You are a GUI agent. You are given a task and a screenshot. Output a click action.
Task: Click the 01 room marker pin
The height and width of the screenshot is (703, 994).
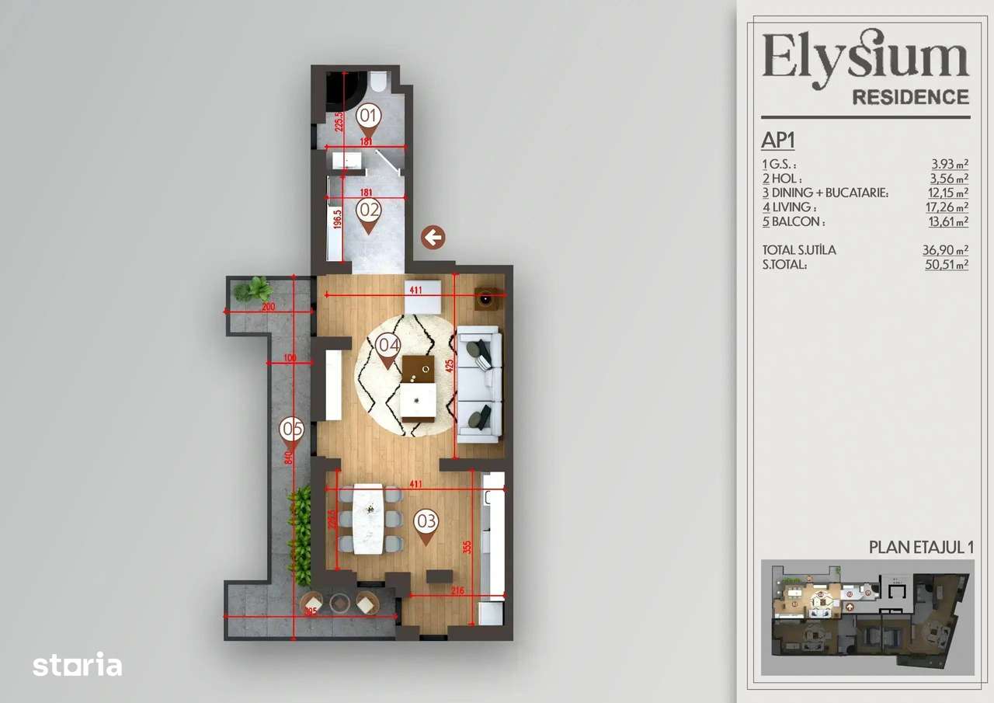[x=369, y=117]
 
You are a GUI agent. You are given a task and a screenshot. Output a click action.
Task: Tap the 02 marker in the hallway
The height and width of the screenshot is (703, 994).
[x=369, y=211]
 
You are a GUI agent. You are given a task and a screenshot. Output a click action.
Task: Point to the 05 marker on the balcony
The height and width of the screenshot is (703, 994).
[x=291, y=430]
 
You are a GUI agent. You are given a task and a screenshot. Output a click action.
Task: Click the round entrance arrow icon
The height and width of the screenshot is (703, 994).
[x=433, y=238]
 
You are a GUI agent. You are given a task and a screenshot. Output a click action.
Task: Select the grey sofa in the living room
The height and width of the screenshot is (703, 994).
[x=478, y=385]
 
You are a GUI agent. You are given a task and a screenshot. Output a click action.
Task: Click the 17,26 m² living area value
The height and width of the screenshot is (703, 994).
[x=949, y=207]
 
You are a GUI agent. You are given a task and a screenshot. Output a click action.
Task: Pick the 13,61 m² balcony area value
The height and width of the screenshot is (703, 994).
[x=949, y=222]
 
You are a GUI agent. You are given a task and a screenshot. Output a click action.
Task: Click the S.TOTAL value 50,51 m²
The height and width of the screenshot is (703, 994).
[x=947, y=265]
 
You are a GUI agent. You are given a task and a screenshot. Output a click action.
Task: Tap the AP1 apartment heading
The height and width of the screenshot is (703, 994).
[x=778, y=141]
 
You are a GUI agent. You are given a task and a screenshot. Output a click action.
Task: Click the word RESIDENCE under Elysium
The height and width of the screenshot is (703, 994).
[x=910, y=97]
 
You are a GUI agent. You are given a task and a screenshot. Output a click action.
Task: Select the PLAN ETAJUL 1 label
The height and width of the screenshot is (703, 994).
[x=920, y=547]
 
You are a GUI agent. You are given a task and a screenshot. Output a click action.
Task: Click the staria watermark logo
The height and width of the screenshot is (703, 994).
[x=77, y=665]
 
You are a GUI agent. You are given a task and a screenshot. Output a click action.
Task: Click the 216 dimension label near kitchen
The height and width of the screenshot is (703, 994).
[x=457, y=591]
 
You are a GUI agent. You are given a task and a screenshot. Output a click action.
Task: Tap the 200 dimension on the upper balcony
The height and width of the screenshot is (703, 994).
[x=268, y=308]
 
